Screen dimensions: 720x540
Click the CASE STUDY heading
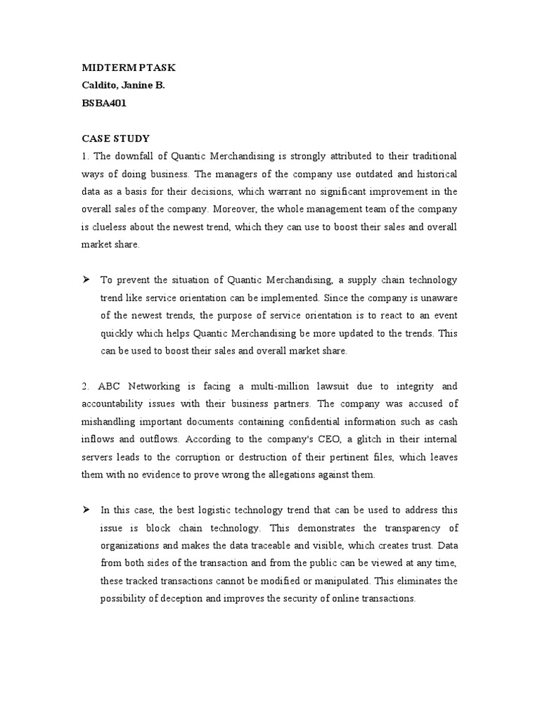click(x=115, y=138)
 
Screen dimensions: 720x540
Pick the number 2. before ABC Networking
click(x=85, y=386)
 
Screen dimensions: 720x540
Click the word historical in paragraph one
click(x=431, y=174)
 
